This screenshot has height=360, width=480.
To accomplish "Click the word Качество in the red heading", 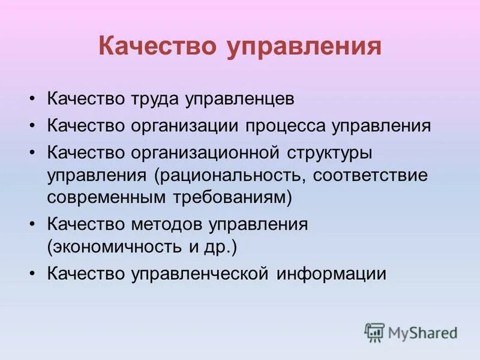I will pyautogui.click(x=158, y=46).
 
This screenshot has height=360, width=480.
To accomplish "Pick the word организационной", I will pyautogui.click(x=204, y=153).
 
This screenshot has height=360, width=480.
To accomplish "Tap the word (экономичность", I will pyautogui.click(x=116, y=247).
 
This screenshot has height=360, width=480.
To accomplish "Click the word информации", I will pyautogui.click(x=331, y=273).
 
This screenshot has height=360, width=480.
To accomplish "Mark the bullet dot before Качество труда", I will pyautogui.click(x=33, y=100).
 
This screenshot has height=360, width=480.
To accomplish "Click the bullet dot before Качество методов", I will pyautogui.click(x=33, y=225).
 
